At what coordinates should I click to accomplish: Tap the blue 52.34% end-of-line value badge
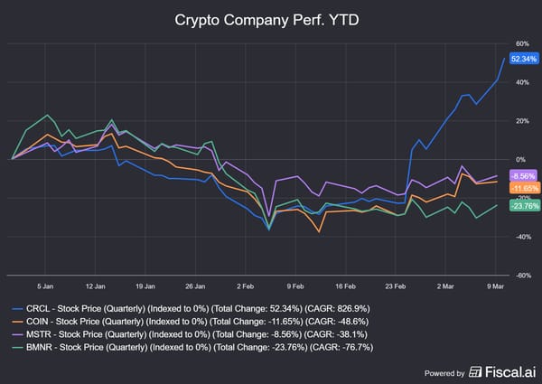click(x=524, y=59)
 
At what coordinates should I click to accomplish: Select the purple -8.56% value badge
click(x=524, y=175)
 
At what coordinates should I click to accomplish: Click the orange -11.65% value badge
click(x=524, y=188)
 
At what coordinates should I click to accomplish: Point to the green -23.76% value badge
click(x=524, y=205)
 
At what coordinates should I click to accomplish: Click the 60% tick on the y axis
click(x=521, y=43)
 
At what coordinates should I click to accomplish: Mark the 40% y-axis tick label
click(x=521, y=82)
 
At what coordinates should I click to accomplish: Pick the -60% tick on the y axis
click(x=522, y=275)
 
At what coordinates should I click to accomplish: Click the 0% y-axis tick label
click(x=521, y=159)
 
